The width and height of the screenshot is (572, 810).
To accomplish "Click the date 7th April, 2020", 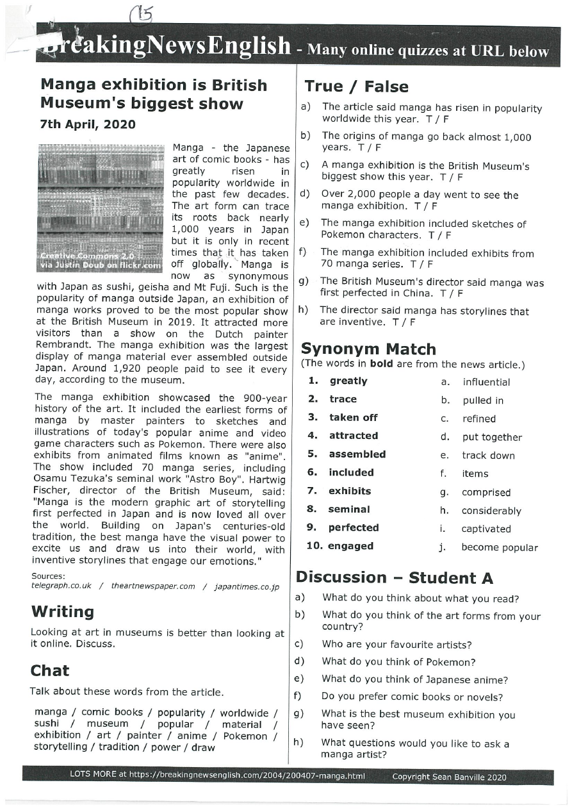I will click(x=88, y=124).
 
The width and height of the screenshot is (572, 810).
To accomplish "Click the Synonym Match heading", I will click(x=368, y=349).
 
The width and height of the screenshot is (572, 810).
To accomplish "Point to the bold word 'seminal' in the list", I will click(x=349, y=509).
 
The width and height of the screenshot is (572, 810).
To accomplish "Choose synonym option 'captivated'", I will click(x=486, y=529).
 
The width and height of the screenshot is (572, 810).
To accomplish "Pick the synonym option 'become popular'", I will click(x=500, y=548).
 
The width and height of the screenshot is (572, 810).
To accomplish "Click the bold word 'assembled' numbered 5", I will click(x=357, y=454).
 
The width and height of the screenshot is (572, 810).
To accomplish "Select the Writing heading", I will click(x=62, y=612).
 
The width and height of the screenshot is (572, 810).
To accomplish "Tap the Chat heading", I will click(x=50, y=671).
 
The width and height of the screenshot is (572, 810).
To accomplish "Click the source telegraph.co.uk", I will click(x=61, y=586).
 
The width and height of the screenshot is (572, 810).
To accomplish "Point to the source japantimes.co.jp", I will click(x=247, y=586).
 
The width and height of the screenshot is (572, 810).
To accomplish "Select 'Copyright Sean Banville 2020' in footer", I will click(x=448, y=777).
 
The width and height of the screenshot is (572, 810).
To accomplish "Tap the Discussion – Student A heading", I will click(x=394, y=578).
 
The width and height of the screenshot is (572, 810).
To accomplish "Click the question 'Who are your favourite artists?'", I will click(x=396, y=645).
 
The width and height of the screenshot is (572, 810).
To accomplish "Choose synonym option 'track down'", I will click(x=488, y=456).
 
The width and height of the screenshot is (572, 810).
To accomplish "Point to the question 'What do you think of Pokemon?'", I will click(x=398, y=662).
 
